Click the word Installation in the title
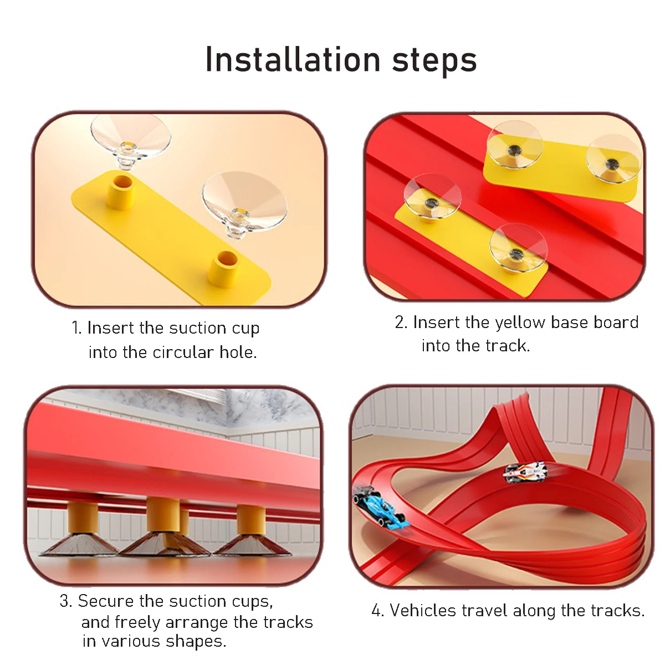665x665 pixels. click(293, 59)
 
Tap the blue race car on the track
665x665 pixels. click(380, 507)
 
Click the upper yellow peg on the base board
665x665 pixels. click(120, 191)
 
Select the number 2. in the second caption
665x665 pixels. click(401, 323)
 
